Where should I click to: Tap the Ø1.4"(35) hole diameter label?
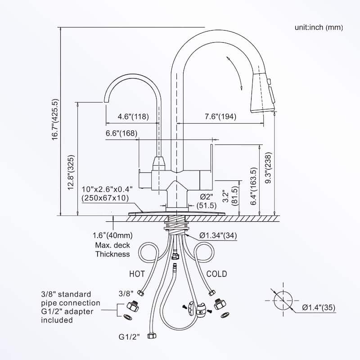319,307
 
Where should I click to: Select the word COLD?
216,274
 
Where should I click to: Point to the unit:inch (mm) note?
319,27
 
